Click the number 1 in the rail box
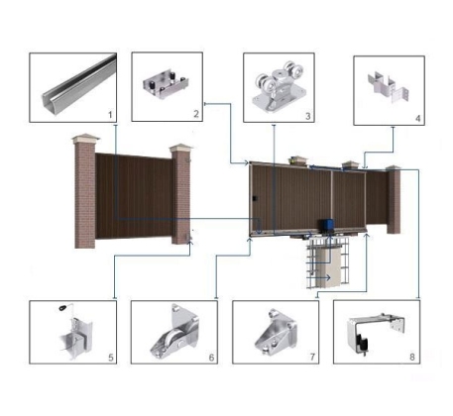110,115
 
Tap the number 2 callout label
196,114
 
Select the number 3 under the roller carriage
308,116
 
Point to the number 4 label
418,118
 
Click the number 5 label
111,358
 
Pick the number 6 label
211,358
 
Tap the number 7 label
312,357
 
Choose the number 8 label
412,357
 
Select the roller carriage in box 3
280,86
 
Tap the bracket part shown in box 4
389,86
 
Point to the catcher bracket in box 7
277,333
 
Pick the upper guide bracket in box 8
376,334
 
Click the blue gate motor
326,227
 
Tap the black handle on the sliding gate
255,199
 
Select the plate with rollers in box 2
166,85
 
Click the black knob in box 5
62,308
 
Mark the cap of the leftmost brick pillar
85,139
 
